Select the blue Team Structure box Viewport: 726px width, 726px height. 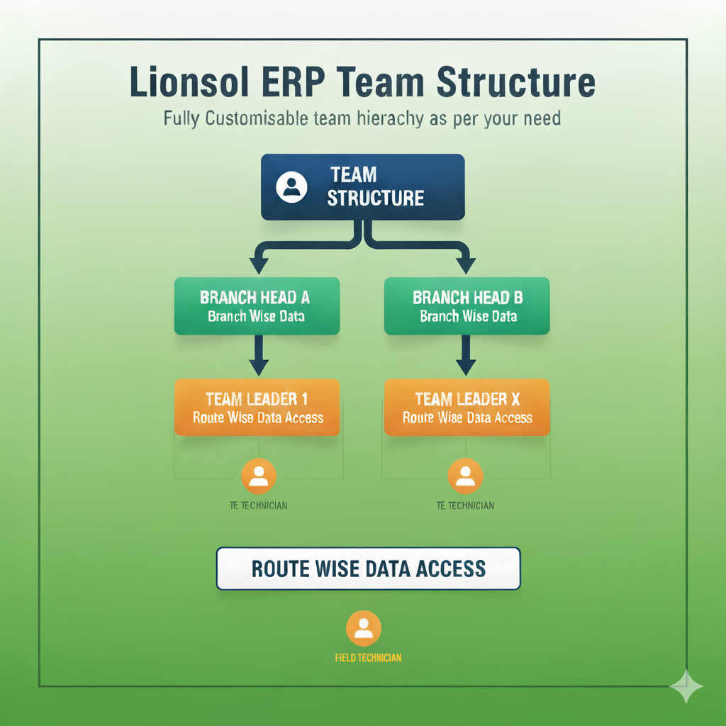pyautogui.click(x=363, y=186)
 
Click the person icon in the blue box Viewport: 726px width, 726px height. pyautogui.click(x=291, y=186)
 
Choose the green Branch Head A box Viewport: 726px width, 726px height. pyautogui.click(x=257, y=306)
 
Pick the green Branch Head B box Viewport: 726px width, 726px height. pyautogui.click(x=467, y=306)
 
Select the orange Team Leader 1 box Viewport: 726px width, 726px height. pyautogui.click(x=257, y=407)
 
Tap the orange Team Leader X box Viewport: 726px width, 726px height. pyautogui.click(x=467, y=407)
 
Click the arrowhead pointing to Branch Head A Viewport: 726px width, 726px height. pyautogui.click(x=259, y=265)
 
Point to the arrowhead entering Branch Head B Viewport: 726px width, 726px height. pyautogui.click(x=466, y=265)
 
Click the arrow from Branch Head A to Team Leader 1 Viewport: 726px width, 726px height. pyautogui.click(x=259, y=357)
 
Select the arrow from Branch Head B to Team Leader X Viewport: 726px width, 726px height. pyautogui.click(x=466, y=357)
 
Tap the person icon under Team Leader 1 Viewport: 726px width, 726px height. pyautogui.click(x=259, y=476)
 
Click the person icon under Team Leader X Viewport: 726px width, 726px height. pyautogui.click(x=465, y=476)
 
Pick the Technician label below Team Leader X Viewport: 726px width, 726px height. pyautogui.click(x=465, y=506)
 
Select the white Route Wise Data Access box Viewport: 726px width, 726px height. pyautogui.click(x=368, y=569)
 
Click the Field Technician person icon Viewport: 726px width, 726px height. pyautogui.click(x=364, y=627)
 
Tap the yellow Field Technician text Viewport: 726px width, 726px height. pyautogui.click(x=368, y=658)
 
